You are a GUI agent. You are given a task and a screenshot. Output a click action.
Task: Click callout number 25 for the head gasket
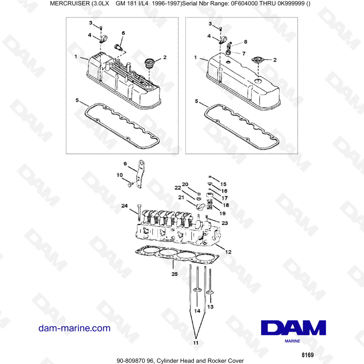pos(174,274)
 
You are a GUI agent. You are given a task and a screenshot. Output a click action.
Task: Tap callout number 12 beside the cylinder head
pos(228,252)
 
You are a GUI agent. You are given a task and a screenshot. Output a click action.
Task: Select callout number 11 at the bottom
pos(196,343)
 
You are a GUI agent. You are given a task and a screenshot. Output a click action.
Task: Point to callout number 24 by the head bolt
pos(124,206)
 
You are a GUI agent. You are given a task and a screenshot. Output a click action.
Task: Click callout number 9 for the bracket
pos(125,164)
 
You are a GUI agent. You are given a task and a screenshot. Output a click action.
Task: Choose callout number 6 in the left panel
pos(123,33)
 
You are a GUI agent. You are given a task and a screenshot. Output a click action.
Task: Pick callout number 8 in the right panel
pos(245,42)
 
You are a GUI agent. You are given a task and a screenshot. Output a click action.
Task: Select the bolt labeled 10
pos(129,185)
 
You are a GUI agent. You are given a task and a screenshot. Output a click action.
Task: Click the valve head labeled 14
pos(197,290)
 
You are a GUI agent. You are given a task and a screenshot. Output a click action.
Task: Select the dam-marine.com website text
pos(74,328)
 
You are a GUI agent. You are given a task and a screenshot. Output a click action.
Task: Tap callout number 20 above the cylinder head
pos(185,184)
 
